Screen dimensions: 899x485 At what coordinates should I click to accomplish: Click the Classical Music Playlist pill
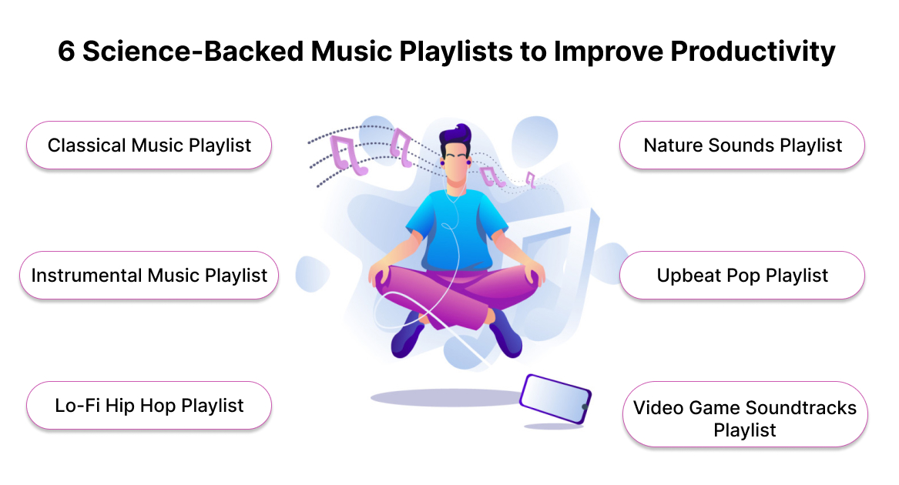point(149,145)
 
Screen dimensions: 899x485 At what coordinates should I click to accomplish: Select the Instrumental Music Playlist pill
point(149,275)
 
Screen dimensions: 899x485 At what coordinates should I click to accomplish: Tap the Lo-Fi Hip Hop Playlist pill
point(149,405)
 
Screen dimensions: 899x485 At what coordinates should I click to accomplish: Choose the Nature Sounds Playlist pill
point(743,145)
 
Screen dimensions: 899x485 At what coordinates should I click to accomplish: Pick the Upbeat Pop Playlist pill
point(743,275)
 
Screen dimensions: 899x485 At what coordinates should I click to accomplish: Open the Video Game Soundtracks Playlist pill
point(745,414)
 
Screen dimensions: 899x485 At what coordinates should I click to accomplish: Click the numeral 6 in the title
point(66,52)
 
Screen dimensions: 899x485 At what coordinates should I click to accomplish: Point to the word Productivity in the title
point(752,52)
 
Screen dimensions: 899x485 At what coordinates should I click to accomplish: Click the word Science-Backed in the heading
point(193,51)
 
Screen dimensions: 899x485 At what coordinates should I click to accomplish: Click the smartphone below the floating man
point(555,399)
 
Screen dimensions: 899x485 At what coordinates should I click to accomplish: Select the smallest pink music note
point(531,179)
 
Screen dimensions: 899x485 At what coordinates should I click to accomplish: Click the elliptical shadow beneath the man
point(448,397)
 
